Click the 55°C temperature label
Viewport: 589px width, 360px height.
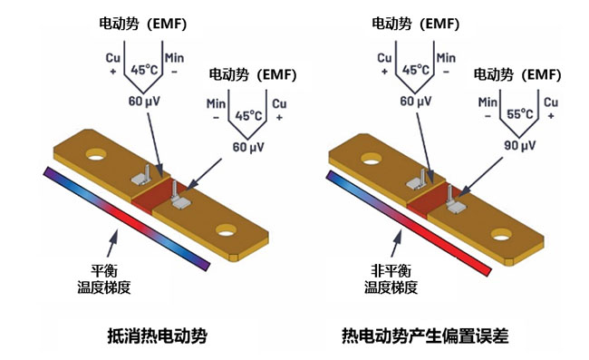[520, 114]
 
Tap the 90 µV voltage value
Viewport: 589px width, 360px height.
[519, 145]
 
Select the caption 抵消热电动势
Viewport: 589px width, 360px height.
[158, 336]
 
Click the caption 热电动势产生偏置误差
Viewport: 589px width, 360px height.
[425, 336]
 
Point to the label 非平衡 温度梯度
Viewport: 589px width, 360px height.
[391, 278]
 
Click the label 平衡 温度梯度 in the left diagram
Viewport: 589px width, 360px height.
[104, 278]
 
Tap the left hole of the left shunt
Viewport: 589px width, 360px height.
[96, 154]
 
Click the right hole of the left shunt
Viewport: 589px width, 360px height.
[227, 230]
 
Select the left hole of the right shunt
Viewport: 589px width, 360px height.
[372, 159]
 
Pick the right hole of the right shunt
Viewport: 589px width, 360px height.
[501, 235]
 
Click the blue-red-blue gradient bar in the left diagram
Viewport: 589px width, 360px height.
[127, 219]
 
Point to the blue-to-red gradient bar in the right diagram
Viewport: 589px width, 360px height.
[409, 223]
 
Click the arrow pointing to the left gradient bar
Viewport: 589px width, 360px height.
[111, 244]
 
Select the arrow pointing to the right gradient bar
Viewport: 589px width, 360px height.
[396, 244]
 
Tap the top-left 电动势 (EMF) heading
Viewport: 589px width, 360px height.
[143, 24]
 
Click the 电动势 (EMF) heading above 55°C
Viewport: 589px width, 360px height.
[517, 74]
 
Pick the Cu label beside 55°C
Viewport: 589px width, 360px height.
[551, 102]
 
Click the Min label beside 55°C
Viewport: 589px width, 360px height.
[488, 102]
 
